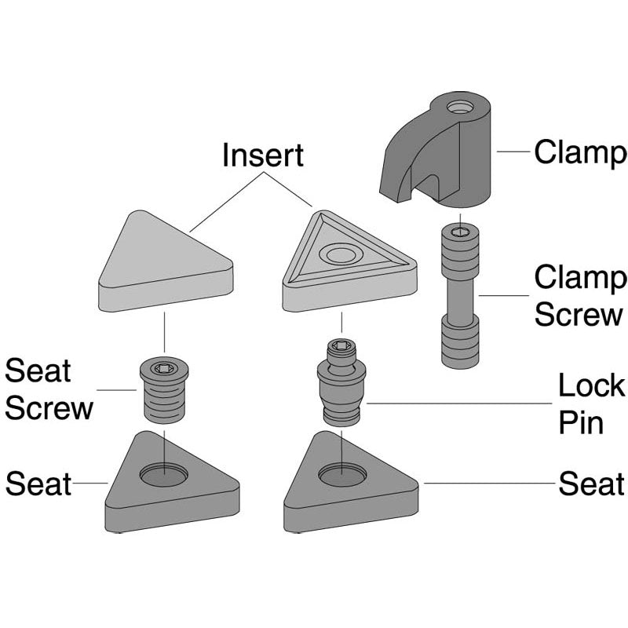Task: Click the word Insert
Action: (x=263, y=155)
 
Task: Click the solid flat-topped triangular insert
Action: (x=166, y=261)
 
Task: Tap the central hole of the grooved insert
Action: (x=341, y=254)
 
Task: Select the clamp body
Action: (x=436, y=149)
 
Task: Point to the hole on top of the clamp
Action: (x=460, y=107)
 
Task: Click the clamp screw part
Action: (x=460, y=297)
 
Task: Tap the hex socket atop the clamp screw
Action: (x=460, y=232)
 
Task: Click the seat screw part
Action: (x=164, y=389)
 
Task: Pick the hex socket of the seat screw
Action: (x=164, y=368)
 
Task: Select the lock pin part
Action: (x=341, y=382)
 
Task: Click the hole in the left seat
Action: (x=163, y=475)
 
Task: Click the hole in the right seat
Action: (x=342, y=475)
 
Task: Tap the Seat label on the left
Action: (x=38, y=484)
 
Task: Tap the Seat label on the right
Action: (x=592, y=484)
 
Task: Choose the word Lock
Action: (x=591, y=385)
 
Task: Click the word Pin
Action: (x=581, y=422)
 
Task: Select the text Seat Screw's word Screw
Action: (x=49, y=408)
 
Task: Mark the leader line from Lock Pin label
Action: (x=459, y=403)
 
